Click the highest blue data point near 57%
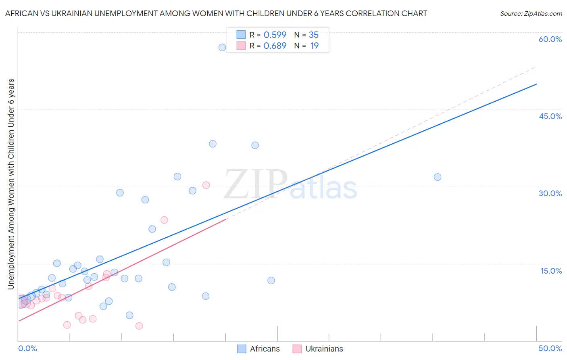pyautogui.click(x=222, y=47)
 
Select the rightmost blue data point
pyautogui.click(x=438, y=177)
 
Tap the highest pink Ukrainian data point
pyautogui.click(x=206, y=185)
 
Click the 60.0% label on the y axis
pyautogui.click(x=550, y=39)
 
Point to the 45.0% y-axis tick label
pyautogui.click(x=550, y=116)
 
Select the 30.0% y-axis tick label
pyautogui.click(x=550, y=193)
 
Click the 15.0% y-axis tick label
pyautogui.click(x=551, y=271)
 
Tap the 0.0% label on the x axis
pyautogui.click(x=27, y=348)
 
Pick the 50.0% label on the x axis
pyautogui.click(x=550, y=348)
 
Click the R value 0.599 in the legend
pyautogui.click(x=275, y=35)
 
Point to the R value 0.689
pyautogui.click(x=275, y=46)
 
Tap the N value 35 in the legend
pyautogui.click(x=314, y=35)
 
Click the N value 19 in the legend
pyautogui.click(x=315, y=46)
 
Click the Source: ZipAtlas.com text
pyautogui.click(x=531, y=14)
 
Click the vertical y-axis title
pyautogui.click(x=11, y=184)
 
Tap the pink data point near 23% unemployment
pyautogui.click(x=164, y=220)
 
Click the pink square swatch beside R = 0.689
pyautogui.click(x=241, y=46)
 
